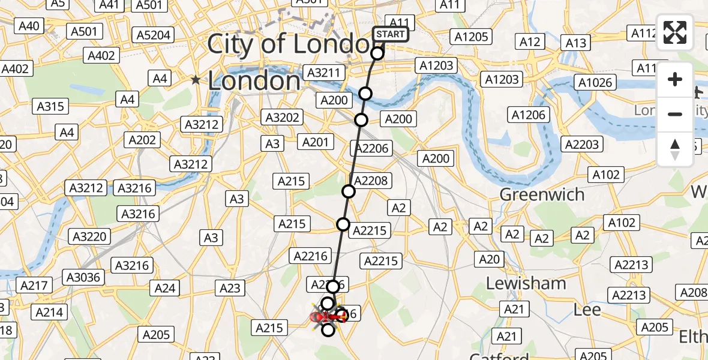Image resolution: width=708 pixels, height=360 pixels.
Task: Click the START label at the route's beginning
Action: point(391,34)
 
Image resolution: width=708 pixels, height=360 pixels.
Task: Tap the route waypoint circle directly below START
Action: point(377,53)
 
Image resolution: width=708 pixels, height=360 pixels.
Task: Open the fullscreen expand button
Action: point(675,32)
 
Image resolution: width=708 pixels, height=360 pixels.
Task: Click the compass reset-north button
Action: point(675,149)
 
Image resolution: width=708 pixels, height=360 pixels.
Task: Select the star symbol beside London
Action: point(196,79)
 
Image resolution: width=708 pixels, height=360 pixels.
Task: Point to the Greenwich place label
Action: point(542,194)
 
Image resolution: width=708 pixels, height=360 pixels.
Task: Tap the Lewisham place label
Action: point(526,283)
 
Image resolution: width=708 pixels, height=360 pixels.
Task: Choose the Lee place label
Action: point(587,310)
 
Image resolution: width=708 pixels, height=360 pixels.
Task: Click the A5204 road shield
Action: point(154,35)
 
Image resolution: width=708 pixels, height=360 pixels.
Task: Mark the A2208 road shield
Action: point(371,181)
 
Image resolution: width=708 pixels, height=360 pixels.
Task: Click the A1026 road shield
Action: point(595,82)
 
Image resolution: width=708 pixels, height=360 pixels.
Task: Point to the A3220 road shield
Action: point(89,236)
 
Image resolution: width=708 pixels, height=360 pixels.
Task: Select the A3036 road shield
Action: point(85,277)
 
